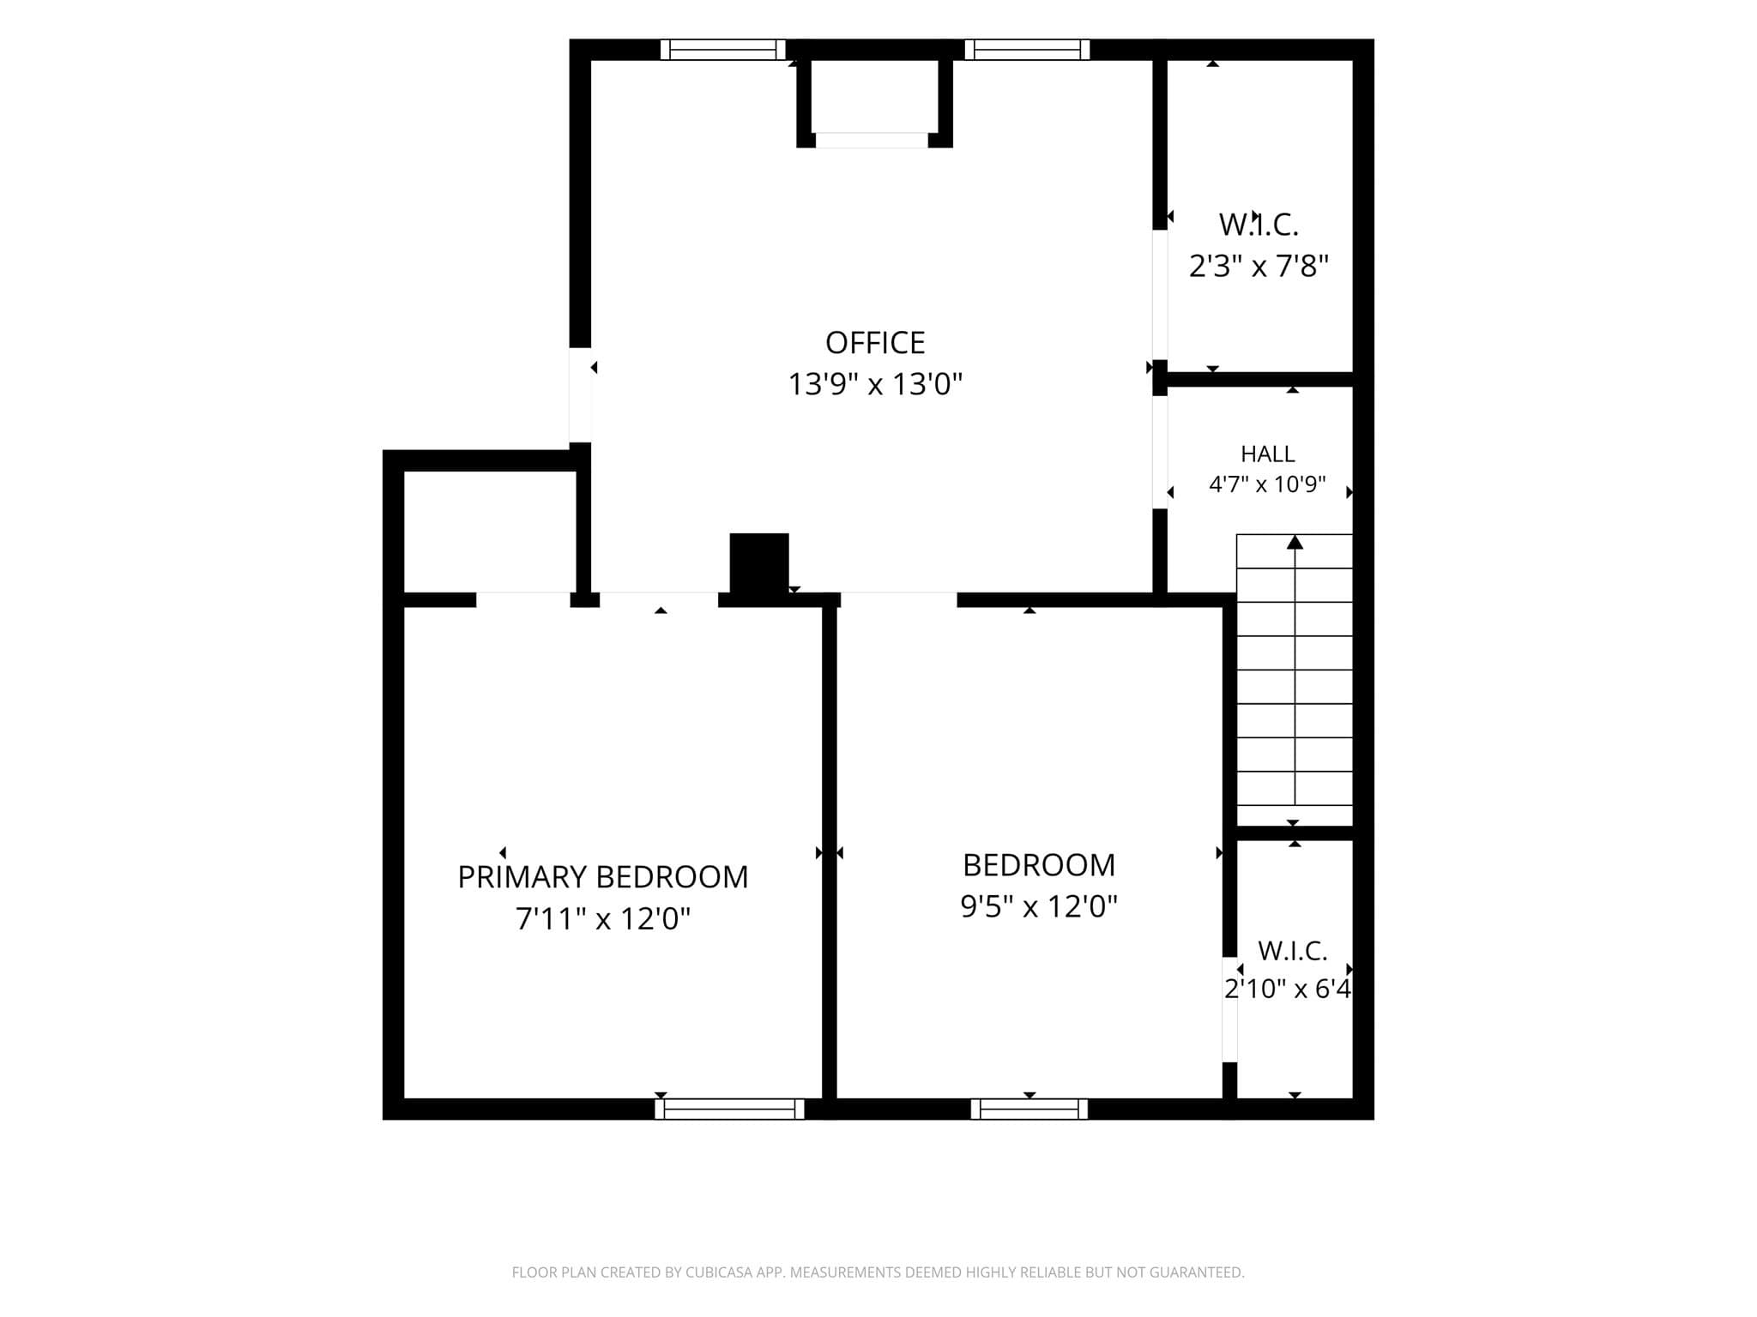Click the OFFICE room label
click(x=875, y=343)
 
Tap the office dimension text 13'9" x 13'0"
click(x=875, y=384)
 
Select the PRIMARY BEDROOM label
click(x=603, y=877)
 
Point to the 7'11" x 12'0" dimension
click(x=603, y=919)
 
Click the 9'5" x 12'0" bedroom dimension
click(x=1039, y=906)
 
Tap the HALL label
click(x=1267, y=454)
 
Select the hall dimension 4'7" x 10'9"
click(x=1267, y=485)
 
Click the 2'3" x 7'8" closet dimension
click(x=1259, y=267)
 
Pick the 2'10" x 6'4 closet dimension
click(x=1288, y=989)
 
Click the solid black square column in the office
click(x=759, y=562)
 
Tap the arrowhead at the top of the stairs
click(x=1295, y=542)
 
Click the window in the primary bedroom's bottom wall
click(x=730, y=1109)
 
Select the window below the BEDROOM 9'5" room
click(x=1029, y=1109)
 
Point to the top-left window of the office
click(x=723, y=50)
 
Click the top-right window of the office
click(x=1027, y=50)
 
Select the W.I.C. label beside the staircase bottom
click(x=1293, y=951)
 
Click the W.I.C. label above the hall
click(x=1259, y=225)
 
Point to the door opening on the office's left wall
click(x=581, y=394)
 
